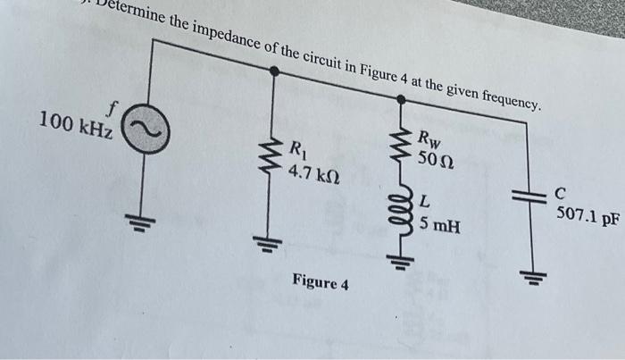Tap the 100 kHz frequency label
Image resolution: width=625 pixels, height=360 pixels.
75,125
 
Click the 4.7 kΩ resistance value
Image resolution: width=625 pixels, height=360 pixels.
314,174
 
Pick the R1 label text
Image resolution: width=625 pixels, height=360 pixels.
297,150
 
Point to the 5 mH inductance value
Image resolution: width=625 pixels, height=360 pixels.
439,226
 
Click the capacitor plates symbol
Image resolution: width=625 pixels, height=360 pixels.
529,197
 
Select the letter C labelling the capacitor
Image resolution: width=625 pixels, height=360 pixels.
561,193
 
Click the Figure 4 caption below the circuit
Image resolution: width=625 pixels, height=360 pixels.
321,281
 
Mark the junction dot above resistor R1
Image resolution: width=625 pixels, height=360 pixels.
274,71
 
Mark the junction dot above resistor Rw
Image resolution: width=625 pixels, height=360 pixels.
402,99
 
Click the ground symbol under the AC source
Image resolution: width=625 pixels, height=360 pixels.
140,223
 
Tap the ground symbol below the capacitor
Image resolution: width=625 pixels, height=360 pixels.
533,276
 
